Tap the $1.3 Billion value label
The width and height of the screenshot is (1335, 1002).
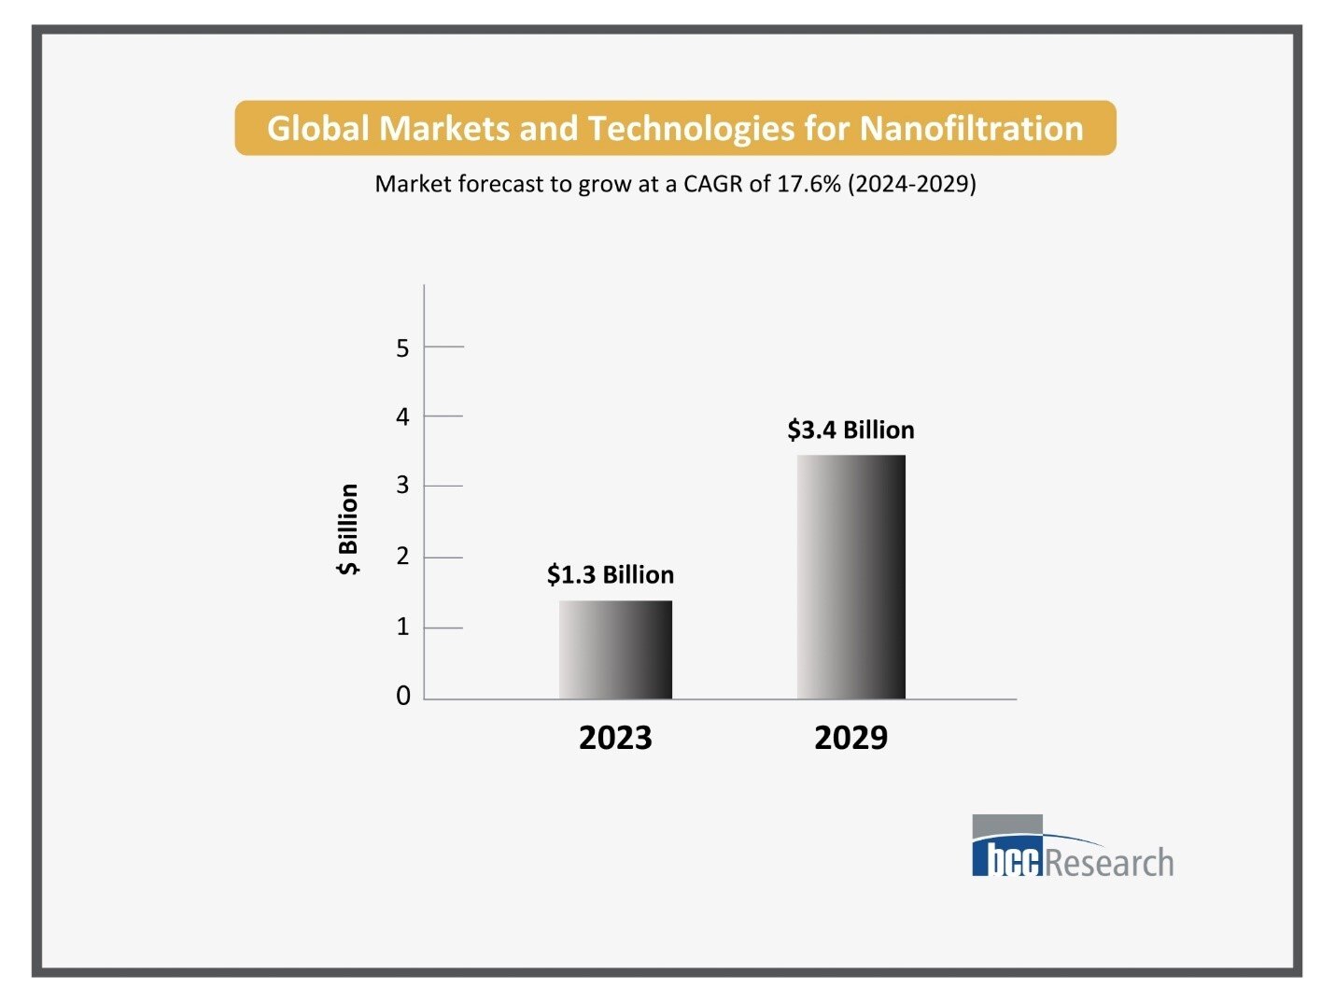611,574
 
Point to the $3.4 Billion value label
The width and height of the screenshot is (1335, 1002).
850,430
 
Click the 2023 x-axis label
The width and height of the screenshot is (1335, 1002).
615,738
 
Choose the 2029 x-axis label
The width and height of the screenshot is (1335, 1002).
850,738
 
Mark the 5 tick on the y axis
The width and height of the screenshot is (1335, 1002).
403,348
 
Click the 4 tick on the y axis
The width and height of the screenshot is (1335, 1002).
403,416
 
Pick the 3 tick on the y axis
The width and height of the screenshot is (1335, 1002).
403,486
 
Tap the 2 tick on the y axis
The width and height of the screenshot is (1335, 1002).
403,557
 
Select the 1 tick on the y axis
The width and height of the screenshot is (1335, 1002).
403,627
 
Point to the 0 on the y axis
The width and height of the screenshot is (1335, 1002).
403,696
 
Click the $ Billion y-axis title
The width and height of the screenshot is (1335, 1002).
348,529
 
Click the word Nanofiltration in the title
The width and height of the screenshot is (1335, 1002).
971,128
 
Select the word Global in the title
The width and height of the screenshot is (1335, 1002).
318,128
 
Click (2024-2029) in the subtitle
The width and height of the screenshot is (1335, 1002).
912,183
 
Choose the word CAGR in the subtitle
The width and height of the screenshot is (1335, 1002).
712,183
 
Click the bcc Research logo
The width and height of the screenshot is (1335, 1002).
1072,847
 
